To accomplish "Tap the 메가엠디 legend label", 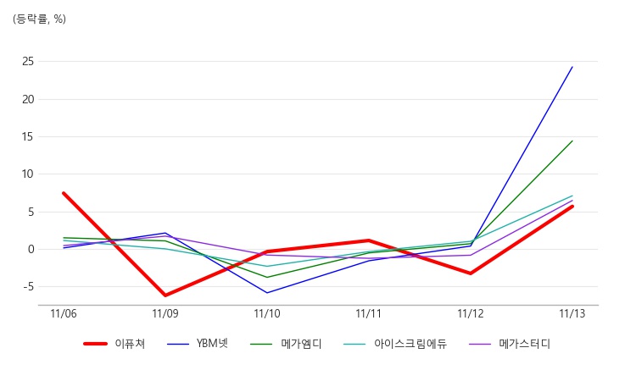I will pyautogui.click(x=301, y=344).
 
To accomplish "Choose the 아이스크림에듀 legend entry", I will pyautogui.click(x=410, y=344).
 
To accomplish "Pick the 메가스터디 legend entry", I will pyautogui.click(x=524, y=344).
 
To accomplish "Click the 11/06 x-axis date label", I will pyautogui.click(x=64, y=314).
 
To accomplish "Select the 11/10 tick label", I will pyautogui.click(x=267, y=314).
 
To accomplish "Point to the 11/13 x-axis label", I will pyautogui.click(x=572, y=314).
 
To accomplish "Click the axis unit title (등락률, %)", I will pyautogui.click(x=39, y=19).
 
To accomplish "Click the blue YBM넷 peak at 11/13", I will pyautogui.click(x=572, y=67).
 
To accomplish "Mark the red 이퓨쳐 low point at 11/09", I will pyautogui.click(x=165, y=295).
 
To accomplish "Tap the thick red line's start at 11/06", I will pyautogui.click(x=64, y=193).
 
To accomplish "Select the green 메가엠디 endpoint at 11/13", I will pyautogui.click(x=572, y=141).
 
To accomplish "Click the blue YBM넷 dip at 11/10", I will pyautogui.click(x=267, y=293).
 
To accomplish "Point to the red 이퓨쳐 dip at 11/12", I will pyautogui.click(x=471, y=273).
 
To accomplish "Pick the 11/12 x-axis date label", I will pyautogui.click(x=471, y=314).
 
